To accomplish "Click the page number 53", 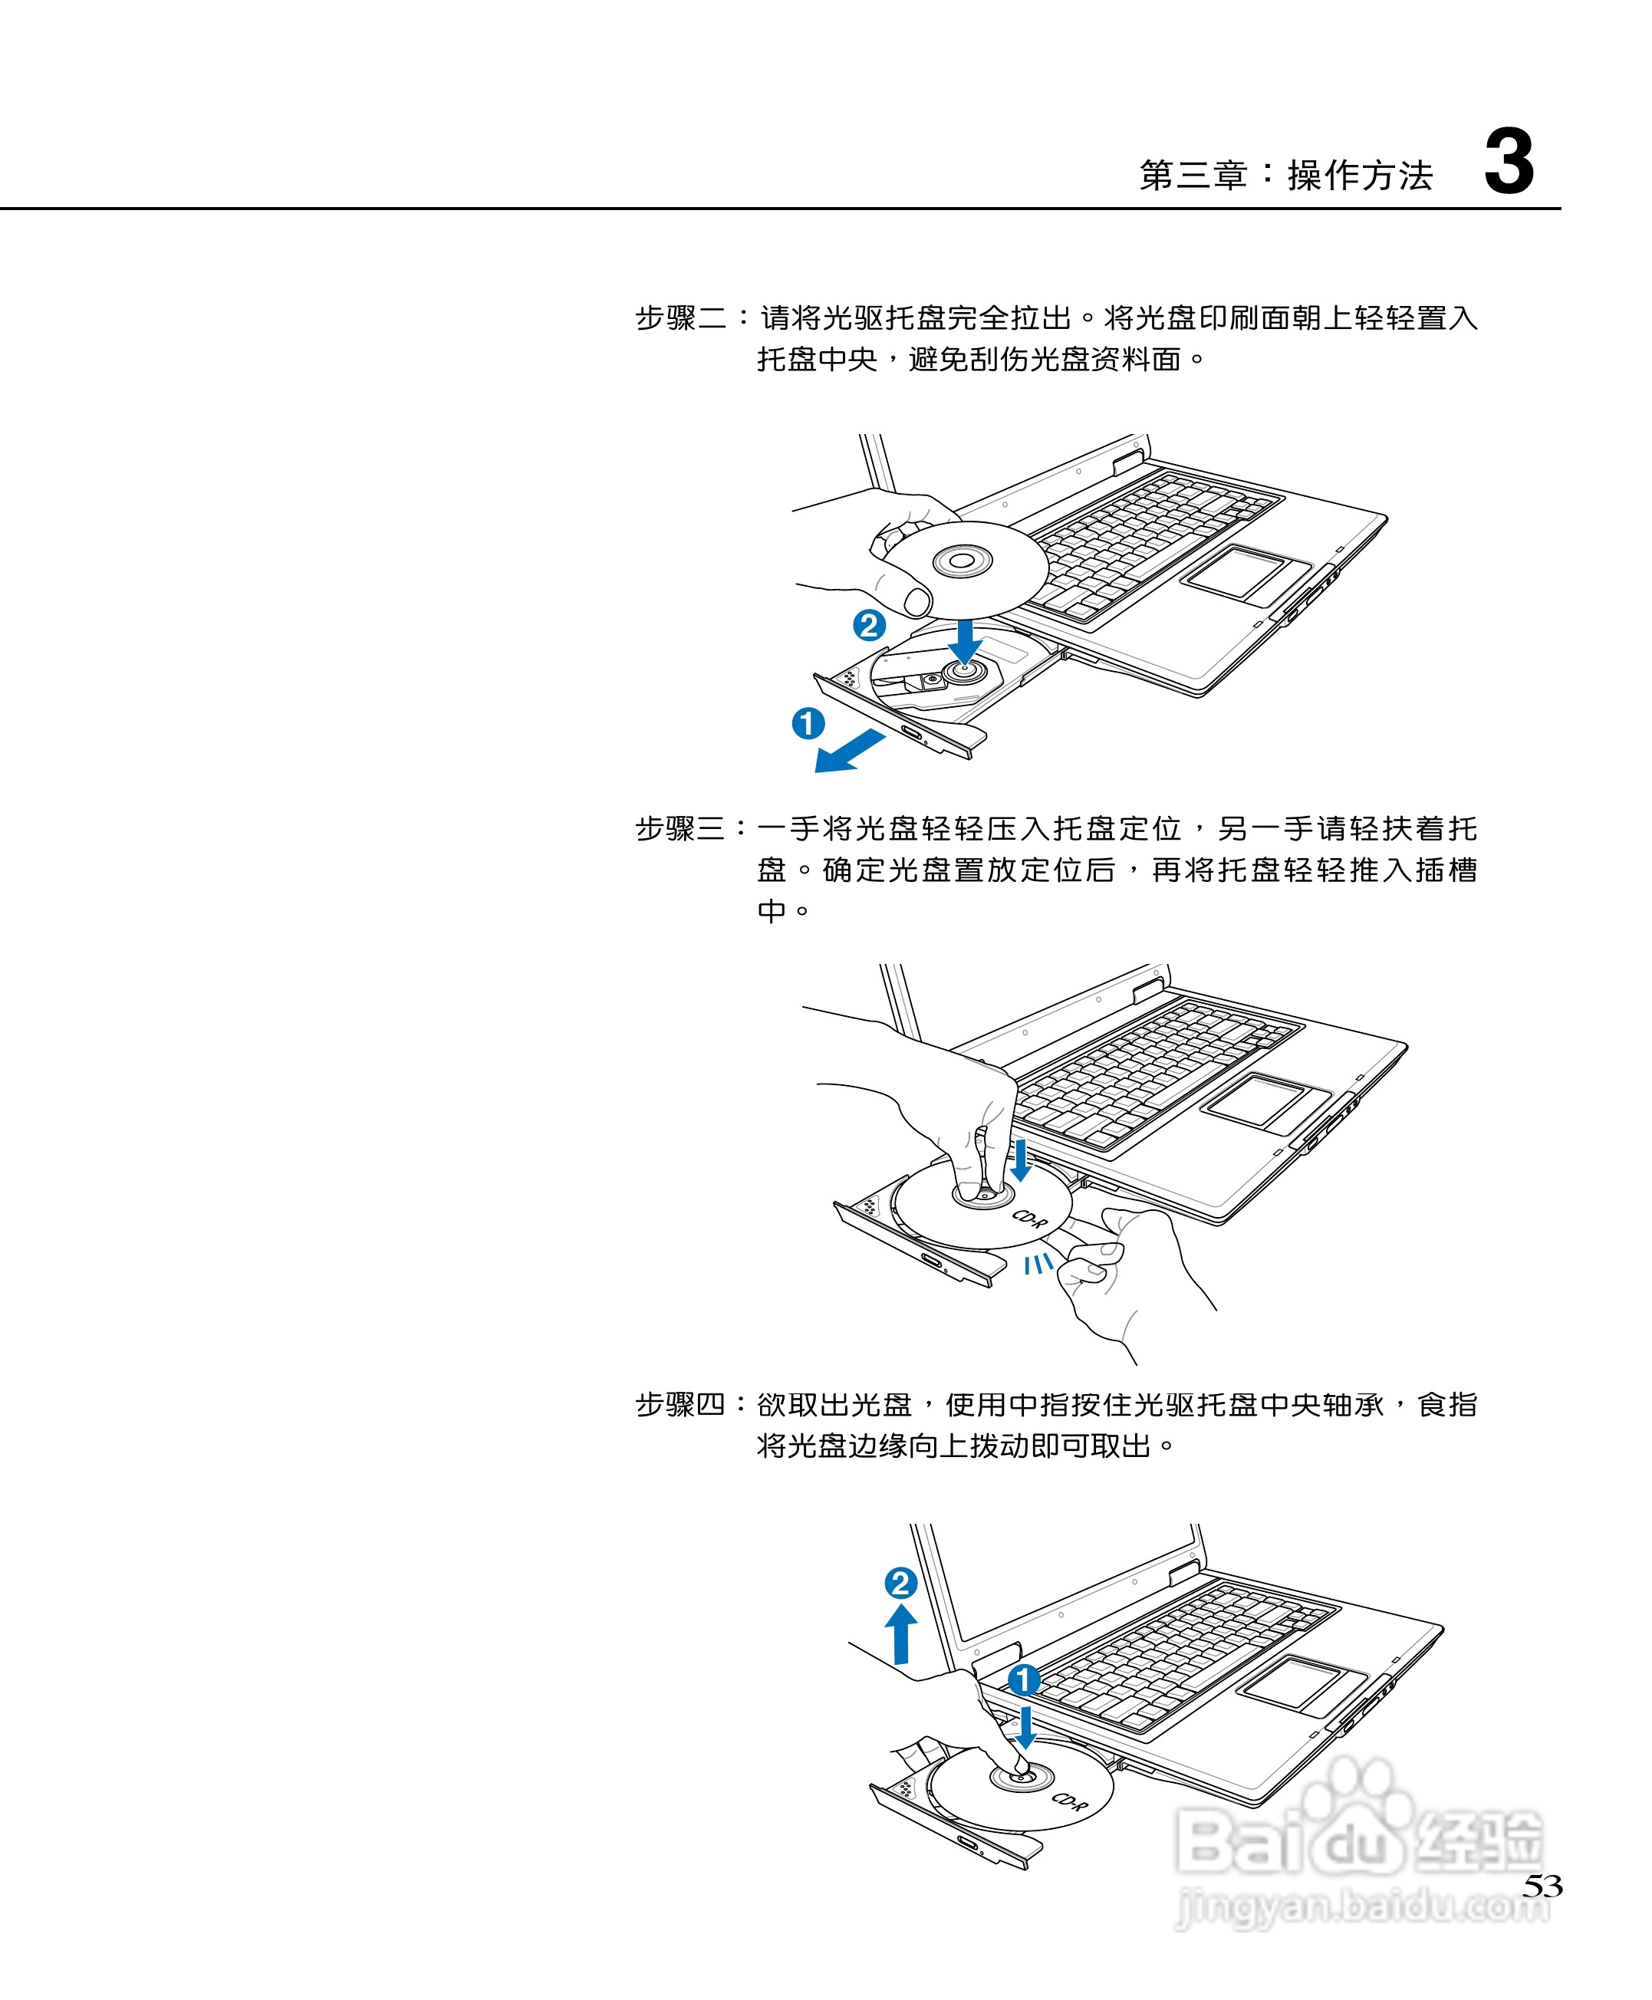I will tap(1542, 1886).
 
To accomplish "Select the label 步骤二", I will tap(680, 317).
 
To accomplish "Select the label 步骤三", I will tap(680, 829).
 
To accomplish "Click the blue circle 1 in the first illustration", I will tap(808, 723).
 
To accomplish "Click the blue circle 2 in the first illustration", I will tap(869, 625).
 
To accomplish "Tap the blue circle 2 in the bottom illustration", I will tap(900, 1584).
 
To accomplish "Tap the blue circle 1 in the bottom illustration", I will tap(1024, 1680).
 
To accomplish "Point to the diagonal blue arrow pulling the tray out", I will tap(849, 752).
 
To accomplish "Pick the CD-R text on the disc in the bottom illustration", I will tap(1070, 1801).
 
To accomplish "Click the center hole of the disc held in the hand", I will tap(962, 561).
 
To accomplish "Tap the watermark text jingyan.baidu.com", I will tap(1361, 1906).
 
